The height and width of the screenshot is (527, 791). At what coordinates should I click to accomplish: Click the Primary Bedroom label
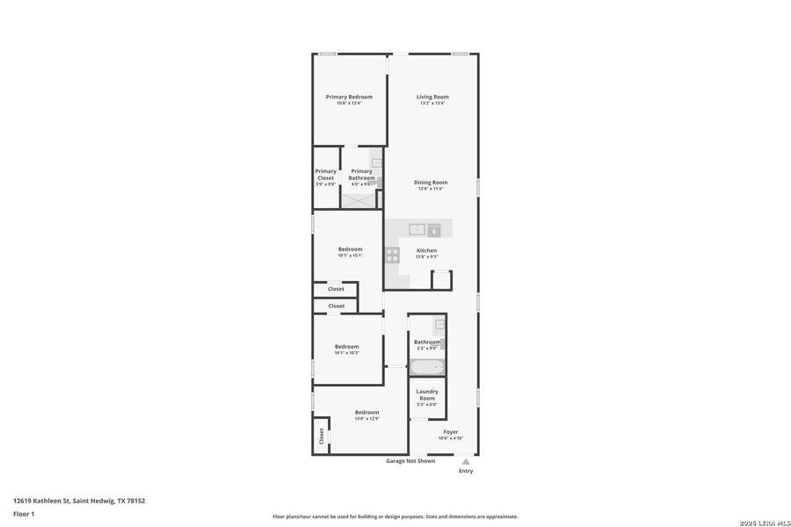pos(349,97)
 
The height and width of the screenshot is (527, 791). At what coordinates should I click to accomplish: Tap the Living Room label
pos(432,97)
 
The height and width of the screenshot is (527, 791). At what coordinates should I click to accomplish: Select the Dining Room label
pos(431,182)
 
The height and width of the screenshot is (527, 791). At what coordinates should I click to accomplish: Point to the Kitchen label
pos(426,250)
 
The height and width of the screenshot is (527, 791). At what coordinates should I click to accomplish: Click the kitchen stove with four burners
pos(392,255)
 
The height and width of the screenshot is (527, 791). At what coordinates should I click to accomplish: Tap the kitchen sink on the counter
pos(418,229)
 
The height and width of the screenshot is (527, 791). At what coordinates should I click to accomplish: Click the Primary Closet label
pos(325,175)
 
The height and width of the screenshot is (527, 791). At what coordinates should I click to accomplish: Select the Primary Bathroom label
pos(361,175)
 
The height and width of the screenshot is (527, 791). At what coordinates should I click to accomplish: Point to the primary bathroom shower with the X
pos(358,199)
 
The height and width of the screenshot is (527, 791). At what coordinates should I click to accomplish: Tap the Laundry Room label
pos(427,394)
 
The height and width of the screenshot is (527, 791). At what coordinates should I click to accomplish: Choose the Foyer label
pos(450,432)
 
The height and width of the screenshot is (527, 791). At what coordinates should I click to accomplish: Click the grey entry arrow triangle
pos(466,461)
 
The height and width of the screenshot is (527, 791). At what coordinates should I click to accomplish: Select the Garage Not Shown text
pos(410,461)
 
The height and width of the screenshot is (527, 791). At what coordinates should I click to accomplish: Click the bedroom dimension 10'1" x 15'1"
pos(350,256)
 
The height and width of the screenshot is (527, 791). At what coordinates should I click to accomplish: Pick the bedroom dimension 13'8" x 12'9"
pos(366,419)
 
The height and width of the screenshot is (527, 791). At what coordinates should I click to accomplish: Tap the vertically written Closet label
pos(321,435)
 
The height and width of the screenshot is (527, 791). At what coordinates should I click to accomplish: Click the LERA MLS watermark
pos(758,523)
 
